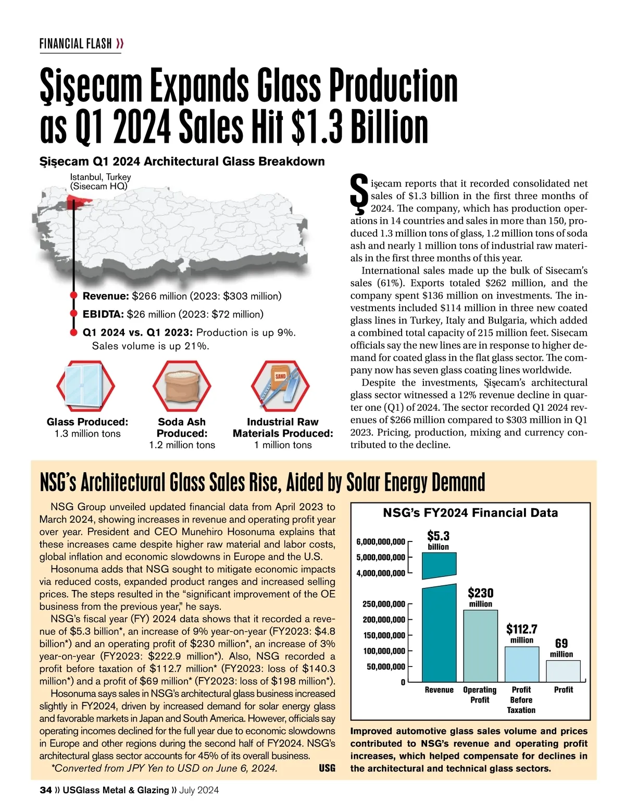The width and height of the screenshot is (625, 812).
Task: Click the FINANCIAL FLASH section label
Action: click(76, 44)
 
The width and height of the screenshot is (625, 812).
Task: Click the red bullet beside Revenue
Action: click(74, 297)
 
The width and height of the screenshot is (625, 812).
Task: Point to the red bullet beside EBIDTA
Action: click(74, 314)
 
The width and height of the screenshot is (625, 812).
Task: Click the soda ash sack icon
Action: click(182, 386)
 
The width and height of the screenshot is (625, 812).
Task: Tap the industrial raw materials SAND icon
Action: click(281, 386)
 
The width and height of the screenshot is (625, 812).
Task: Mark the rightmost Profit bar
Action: click(563, 671)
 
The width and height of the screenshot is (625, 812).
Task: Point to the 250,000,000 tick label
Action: click(383, 604)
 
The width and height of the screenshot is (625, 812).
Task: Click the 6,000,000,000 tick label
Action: click(380, 542)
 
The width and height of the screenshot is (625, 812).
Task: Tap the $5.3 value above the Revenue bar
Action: click(438, 536)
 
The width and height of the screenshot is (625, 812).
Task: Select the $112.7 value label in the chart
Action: click(521, 629)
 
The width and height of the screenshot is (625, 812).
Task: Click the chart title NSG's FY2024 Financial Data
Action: click(470, 513)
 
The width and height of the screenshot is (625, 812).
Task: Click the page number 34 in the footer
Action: click(45, 790)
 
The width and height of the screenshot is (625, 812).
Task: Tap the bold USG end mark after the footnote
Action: click(327, 768)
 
